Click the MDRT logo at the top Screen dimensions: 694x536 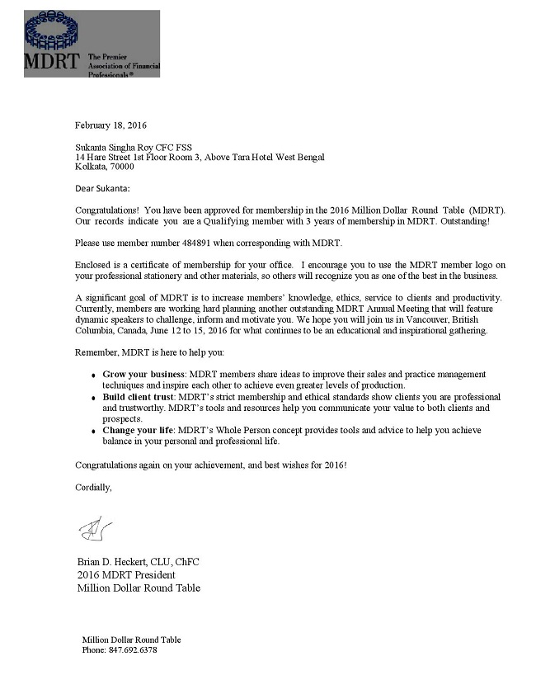coord(92,44)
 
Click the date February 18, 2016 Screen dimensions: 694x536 coord(110,125)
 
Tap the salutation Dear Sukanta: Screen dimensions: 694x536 coord(102,189)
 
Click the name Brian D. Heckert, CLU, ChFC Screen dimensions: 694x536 coord(138,562)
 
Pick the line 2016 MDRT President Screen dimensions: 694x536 coord(126,575)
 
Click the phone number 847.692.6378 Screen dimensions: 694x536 coord(133,649)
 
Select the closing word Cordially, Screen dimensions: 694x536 coord(93,487)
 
